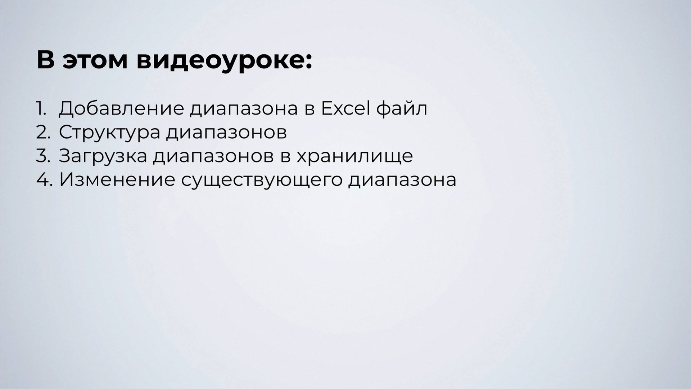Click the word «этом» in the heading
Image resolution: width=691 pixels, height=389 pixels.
pos(95,61)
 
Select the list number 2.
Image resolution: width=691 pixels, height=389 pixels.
pos(43,132)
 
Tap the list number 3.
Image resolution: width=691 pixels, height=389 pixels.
pos(43,156)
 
